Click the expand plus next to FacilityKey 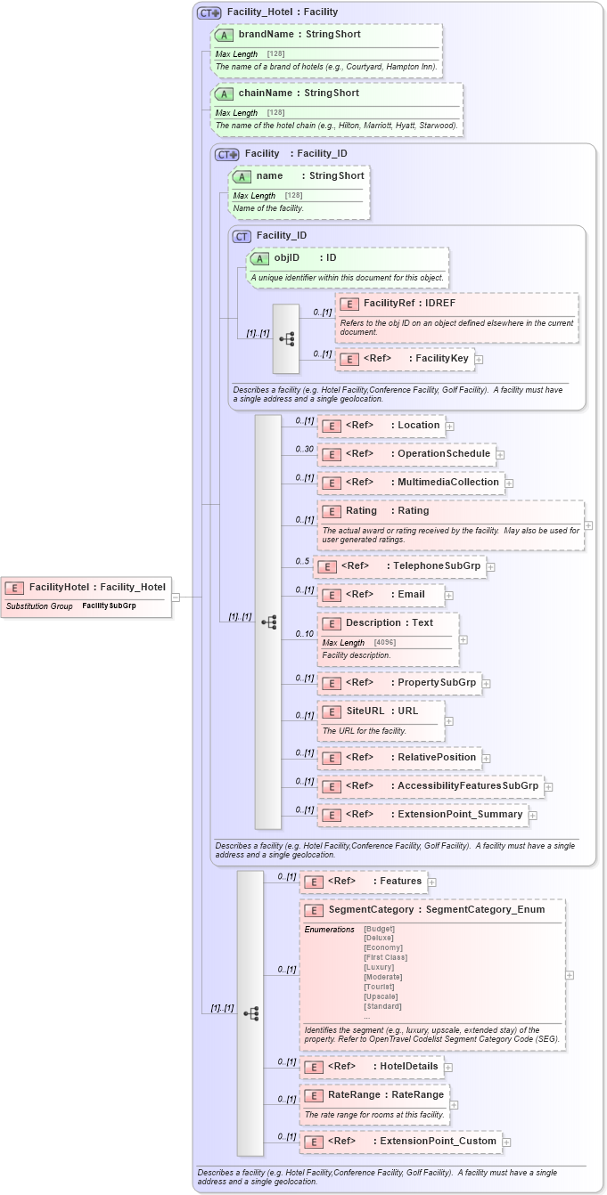[x=479, y=360]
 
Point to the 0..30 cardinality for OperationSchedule [x=305, y=449]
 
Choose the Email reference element [x=384, y=595]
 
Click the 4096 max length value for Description [x=385, y=642]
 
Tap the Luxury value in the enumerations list [x=379, y=967]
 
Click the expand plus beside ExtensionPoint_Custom [x=506, y=1142]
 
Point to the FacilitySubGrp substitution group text [x=109, y=606]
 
